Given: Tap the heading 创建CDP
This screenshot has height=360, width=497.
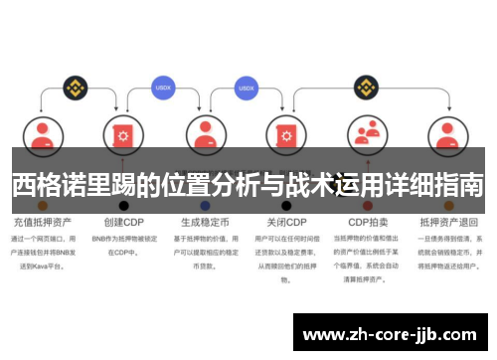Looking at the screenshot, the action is [122, 222].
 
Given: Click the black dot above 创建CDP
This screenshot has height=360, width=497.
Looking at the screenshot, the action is [123, 205].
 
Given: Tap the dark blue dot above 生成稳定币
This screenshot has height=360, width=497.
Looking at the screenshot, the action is [205, 205].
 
